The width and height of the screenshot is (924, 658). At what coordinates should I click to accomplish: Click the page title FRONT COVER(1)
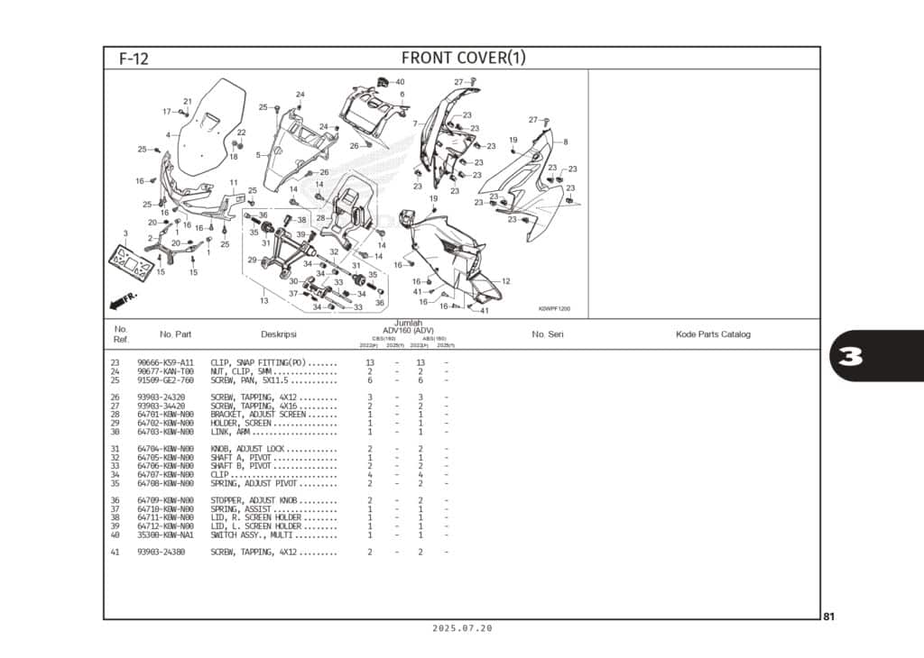(463, 59)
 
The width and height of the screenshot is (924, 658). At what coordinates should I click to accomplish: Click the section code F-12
(134, 59)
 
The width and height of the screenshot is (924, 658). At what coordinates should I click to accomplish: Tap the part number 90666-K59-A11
(165, 362)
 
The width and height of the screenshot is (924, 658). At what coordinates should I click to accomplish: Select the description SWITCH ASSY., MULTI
(255, 535)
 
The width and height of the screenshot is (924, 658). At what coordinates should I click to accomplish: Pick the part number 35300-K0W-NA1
(165, 535)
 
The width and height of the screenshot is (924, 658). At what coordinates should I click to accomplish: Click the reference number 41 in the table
(115, 552)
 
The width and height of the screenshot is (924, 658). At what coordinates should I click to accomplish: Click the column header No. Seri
(547, 334)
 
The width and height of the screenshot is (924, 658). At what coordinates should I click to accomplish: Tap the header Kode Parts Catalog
(713, 334)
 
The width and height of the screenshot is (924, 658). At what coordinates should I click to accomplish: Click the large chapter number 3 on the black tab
(850, 357)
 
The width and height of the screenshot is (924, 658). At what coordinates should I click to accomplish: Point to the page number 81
(828, 617)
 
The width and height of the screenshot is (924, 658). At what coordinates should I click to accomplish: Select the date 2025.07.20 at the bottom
(462, 629)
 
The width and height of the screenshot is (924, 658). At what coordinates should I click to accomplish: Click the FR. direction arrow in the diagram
(123, 298)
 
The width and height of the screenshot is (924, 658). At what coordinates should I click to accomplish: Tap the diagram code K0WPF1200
(554, 309)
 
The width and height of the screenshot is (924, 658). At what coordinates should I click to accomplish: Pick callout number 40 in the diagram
(400, 82)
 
